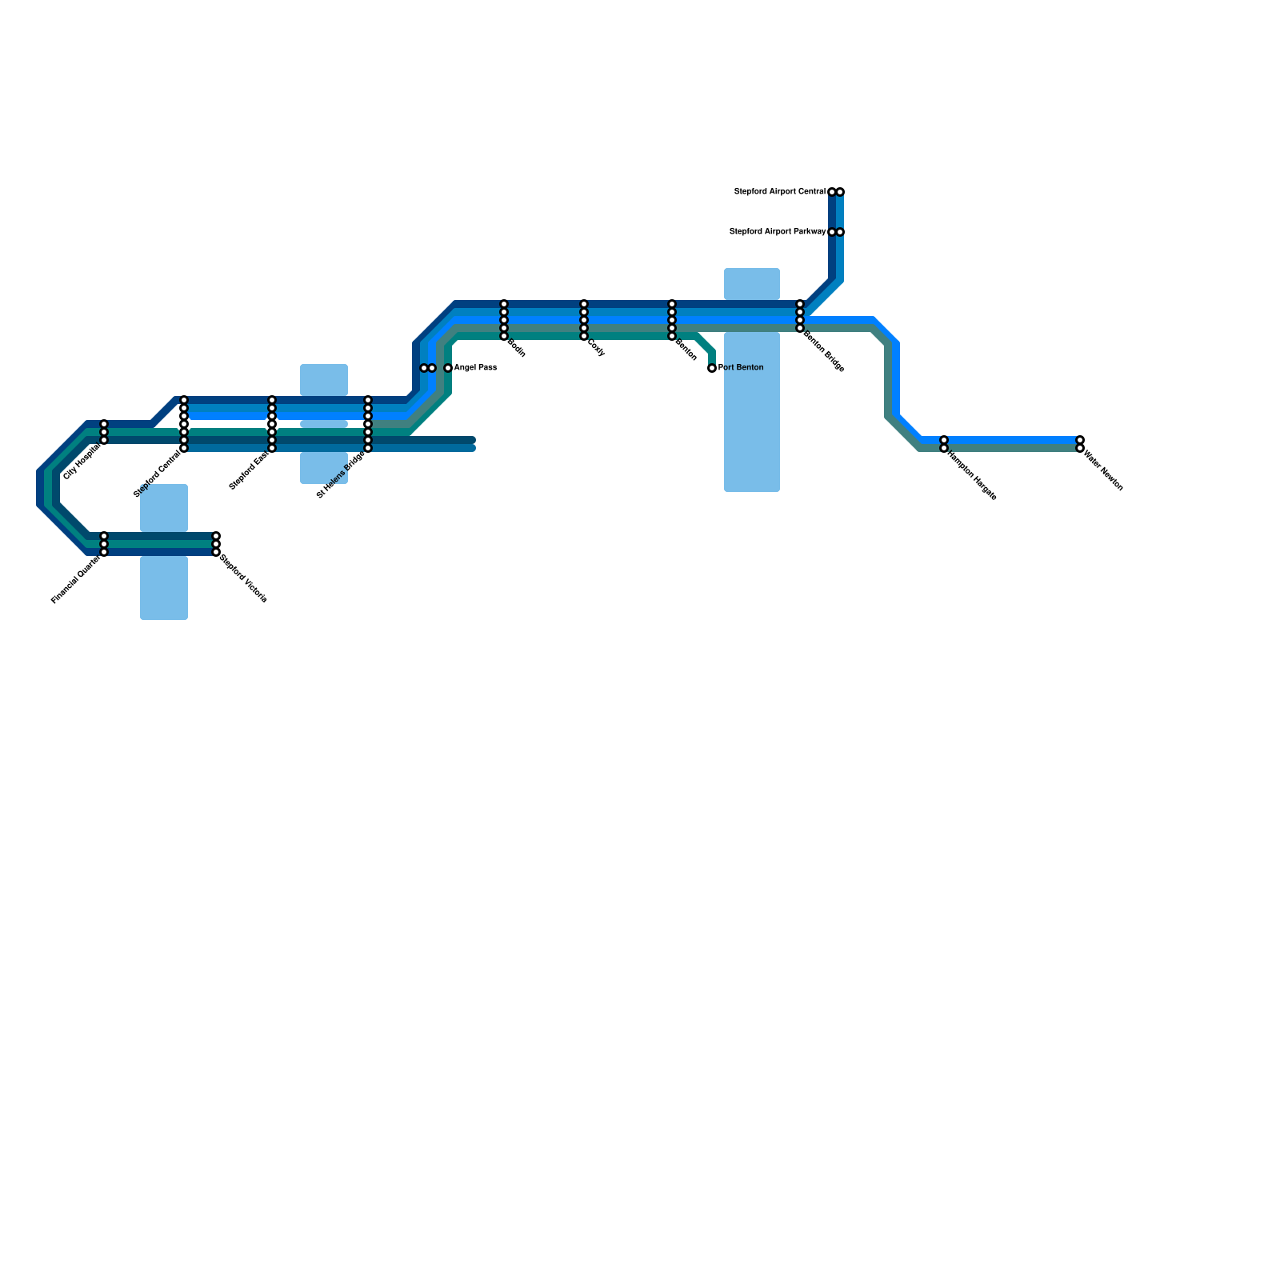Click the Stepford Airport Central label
coord(779,192)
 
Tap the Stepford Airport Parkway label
coord(777,232)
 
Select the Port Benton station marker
coord(712,368)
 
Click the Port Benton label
coord(741,368)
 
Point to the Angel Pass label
coord(475,368)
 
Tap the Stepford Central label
coord(157,474)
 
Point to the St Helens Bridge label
coord(341,474)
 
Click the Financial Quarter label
coord(75,580)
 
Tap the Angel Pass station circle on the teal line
coord(448,368)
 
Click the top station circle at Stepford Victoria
coord(216,536)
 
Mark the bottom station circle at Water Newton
coord(1080,449)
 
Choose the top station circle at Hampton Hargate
coord(944,440)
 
